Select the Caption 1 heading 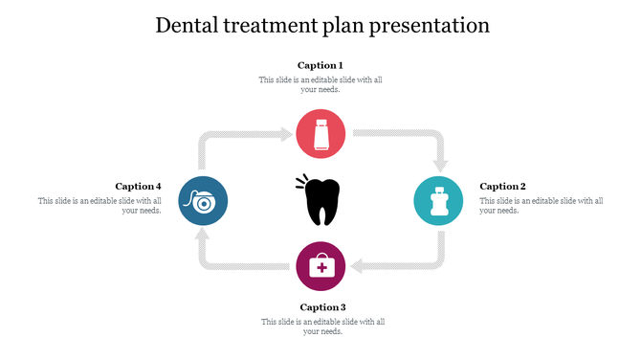pyautogui.click(x=320, y=65)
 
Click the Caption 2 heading pyautogui.click(x=502, y=187)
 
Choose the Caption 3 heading pyautogui.click(x=322, y=307)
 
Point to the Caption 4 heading pyautogui.click(x=138, y=187)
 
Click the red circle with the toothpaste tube pyautogui.click(x=320, y=134)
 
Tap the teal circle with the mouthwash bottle pyautogui.click(x=438, y=201)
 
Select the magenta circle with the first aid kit pyautogui.click(x=320, y=265)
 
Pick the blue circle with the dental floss pyautogui.click(x=203, y=201)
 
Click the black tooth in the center pyautogui.click(x=321, y=201)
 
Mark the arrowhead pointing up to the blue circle pyautogui.click(x=204, y=237)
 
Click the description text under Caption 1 pyautogui.click(x=320, y=85)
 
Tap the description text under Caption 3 pyautogui.click(x=322, y=326)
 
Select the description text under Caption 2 pyautogui.click(x=541, y=206)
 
